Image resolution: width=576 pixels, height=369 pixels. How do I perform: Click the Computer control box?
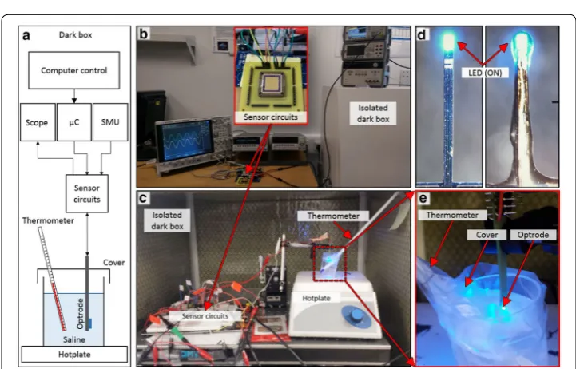73,70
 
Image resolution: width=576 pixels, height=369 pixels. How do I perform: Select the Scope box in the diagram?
38,122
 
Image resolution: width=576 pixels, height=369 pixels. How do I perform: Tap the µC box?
73,122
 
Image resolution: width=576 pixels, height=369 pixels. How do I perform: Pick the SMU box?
110,122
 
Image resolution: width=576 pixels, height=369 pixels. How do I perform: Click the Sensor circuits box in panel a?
87,193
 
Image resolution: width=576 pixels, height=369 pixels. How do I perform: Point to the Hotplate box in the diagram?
74,355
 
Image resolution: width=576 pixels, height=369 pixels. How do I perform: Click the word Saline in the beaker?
73,339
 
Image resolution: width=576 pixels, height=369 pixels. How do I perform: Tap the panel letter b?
143,34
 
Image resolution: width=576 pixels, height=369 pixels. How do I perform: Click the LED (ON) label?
485,73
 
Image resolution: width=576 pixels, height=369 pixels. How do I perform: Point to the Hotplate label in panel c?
316,298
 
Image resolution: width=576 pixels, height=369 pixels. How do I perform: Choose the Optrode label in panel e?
533,235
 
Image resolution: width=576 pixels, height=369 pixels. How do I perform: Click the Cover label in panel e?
487,235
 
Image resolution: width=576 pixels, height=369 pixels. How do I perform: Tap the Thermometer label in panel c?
333,216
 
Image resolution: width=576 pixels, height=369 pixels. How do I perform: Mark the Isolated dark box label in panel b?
373,113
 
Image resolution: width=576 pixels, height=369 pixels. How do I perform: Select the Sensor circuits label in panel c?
205,316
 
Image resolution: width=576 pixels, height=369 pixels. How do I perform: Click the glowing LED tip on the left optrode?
448,42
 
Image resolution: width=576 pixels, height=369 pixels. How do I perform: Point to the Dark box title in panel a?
75,35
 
